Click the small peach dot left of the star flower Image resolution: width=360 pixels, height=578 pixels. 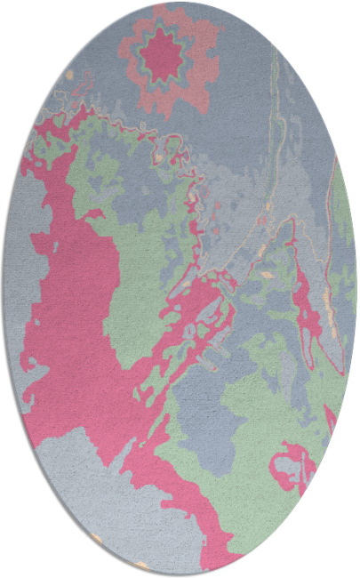pos(69,77)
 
